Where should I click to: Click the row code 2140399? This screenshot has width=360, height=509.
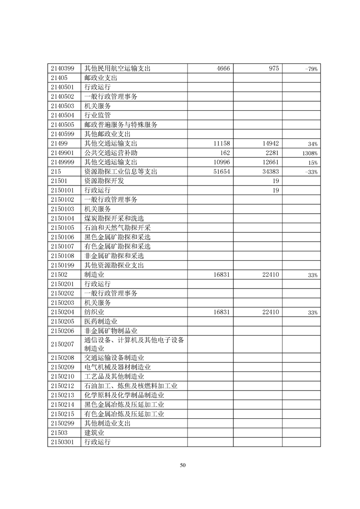(64, 69)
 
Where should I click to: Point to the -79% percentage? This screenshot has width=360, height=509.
(311, 69)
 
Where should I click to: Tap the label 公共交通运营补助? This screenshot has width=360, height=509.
(111, 153)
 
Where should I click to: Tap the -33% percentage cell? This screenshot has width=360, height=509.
(311, 172)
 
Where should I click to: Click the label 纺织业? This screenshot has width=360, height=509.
(94, 312)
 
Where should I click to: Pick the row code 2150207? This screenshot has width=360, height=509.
(64, 344)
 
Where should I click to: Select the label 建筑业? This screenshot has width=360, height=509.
(94, 433)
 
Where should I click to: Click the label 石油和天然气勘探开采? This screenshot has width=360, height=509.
(118, 228)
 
